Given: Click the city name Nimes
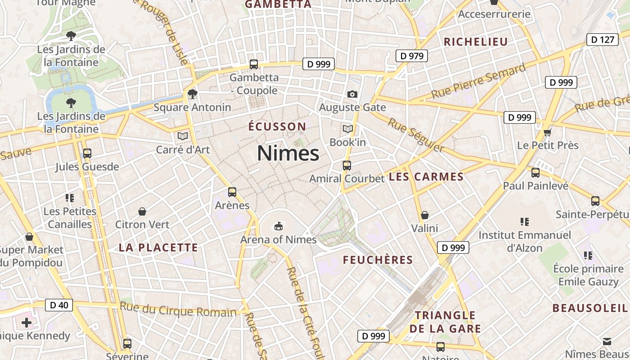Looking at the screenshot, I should click(x=288, y=153).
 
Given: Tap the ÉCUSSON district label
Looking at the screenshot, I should click(x=277, y=126).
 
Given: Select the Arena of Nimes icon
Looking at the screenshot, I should click(x=279, y=225).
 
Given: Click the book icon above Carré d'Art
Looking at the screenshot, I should click(x=183, y=135).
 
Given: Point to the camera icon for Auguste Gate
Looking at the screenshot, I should click(x=352, y=94).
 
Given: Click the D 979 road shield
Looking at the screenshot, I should click(x=411, y=56).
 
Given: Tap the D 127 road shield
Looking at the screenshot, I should click(x=602, y=40).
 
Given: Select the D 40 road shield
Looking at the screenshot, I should click(x=59, y=305).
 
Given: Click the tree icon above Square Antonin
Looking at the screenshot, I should click(x=193, y=94).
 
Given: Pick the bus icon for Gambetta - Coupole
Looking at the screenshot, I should click(x=254, y=64).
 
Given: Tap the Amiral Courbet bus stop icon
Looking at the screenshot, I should click(x=346, y=165).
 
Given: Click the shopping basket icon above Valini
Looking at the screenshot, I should click(x=424, y=215).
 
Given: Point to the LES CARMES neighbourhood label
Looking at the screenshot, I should click(x=426, y=177).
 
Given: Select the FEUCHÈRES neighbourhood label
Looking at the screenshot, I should click(x=378, y=260).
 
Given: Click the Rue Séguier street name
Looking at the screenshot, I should click(x=416, y=135).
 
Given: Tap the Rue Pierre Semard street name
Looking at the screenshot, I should click(x=478, y=81).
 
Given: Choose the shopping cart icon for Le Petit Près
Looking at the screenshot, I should click(x=548, y=132).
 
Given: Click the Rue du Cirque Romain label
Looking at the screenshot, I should click(x=178, y=310).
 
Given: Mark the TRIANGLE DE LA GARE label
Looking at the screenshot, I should click(x=445, y=322).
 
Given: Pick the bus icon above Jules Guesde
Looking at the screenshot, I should click(x=87, y=153).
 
